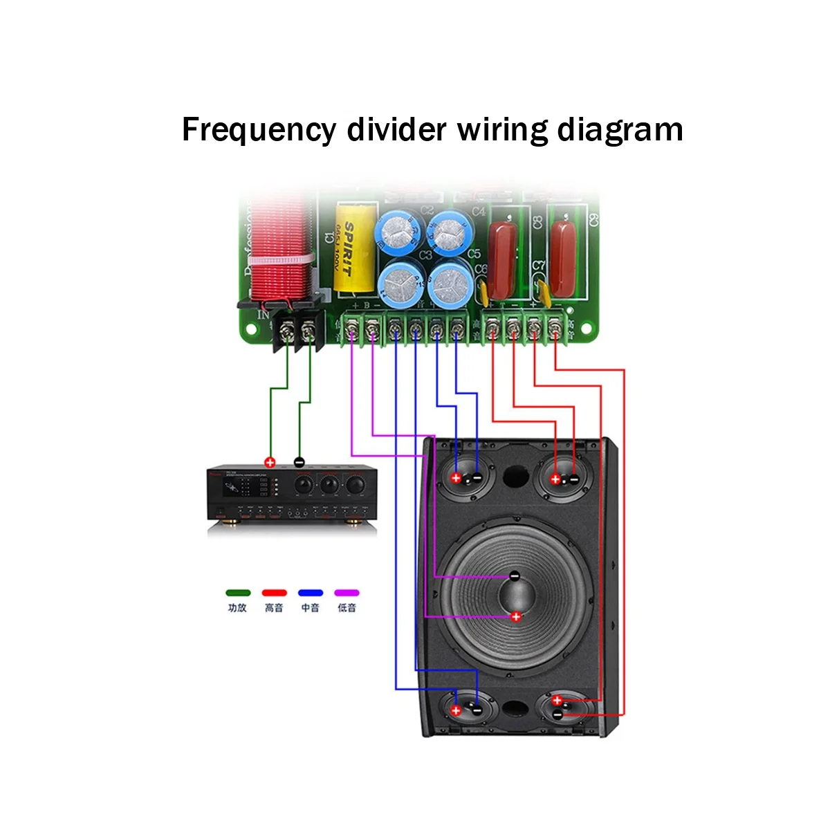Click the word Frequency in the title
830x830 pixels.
pyautogui.click(x=259, y=130)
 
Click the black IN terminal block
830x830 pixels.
pyautogui.click(x=299, y=331)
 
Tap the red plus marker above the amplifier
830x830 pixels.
pyautogui.click(x=270, y=463)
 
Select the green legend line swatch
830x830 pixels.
pyautogui.click(x=237, y=593)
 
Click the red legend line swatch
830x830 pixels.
pyautogui.click(x=274, y=593)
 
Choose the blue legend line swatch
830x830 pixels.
pyautogui.click(x=311, y=593)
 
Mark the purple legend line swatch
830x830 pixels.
pyautogui.click(x=347, y=593)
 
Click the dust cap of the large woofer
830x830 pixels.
pyautogui.click(x=515, y=596)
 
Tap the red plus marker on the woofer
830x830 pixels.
pyautogui.click(x=515, y=617)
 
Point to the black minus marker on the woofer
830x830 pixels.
pyautogui.click(x=515, y=575)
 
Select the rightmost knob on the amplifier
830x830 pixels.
pyautogui.click(x=355, y=483)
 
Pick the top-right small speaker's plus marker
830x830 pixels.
pyautogui.click(x=555, y=478)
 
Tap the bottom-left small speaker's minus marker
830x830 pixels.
pyautogui.click(x=477, y=710)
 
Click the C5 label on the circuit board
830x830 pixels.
pyautogui.click(x=474, y=254)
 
